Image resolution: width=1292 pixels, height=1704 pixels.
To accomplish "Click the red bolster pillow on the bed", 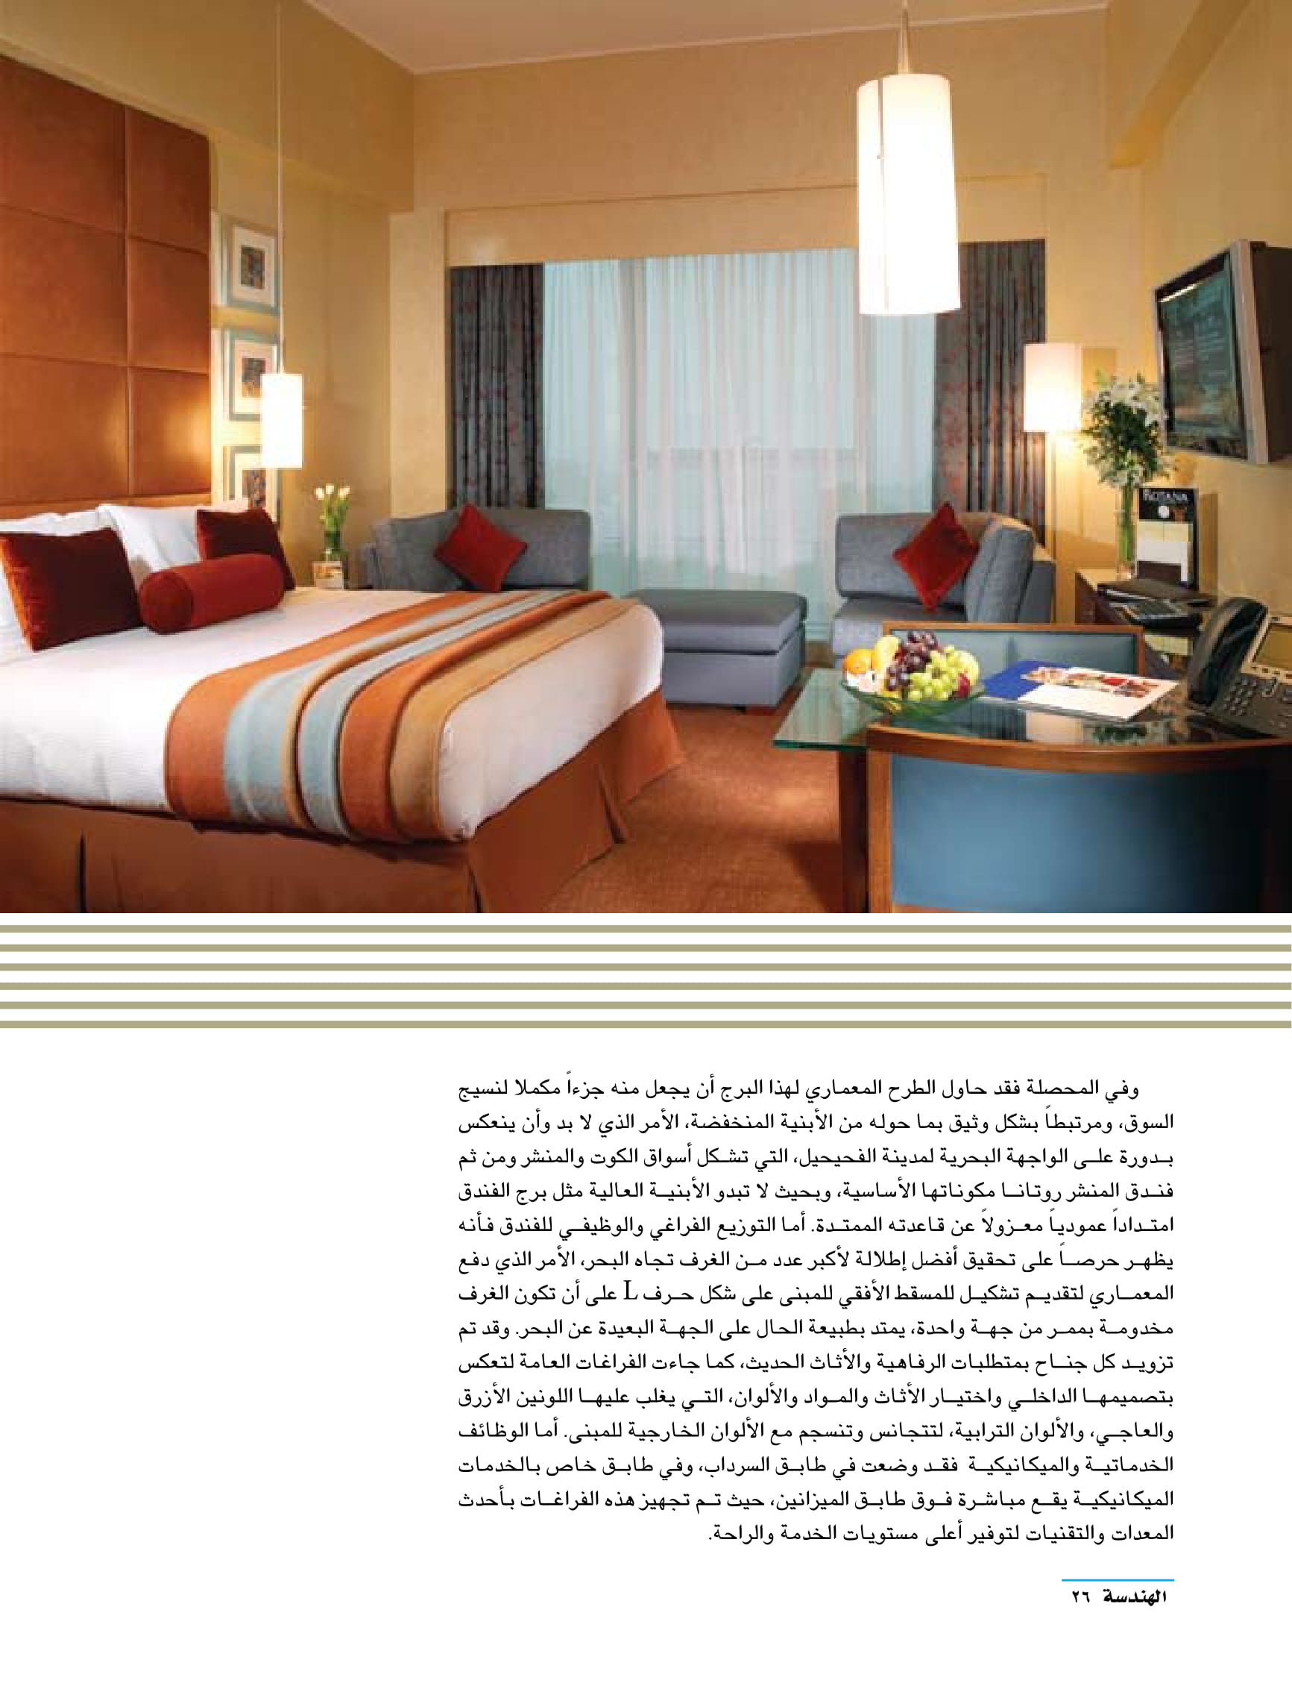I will [212, 592].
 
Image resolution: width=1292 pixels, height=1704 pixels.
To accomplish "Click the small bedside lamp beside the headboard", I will [281, 420].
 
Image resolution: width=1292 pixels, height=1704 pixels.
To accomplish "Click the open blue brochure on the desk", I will [1078, 684].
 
